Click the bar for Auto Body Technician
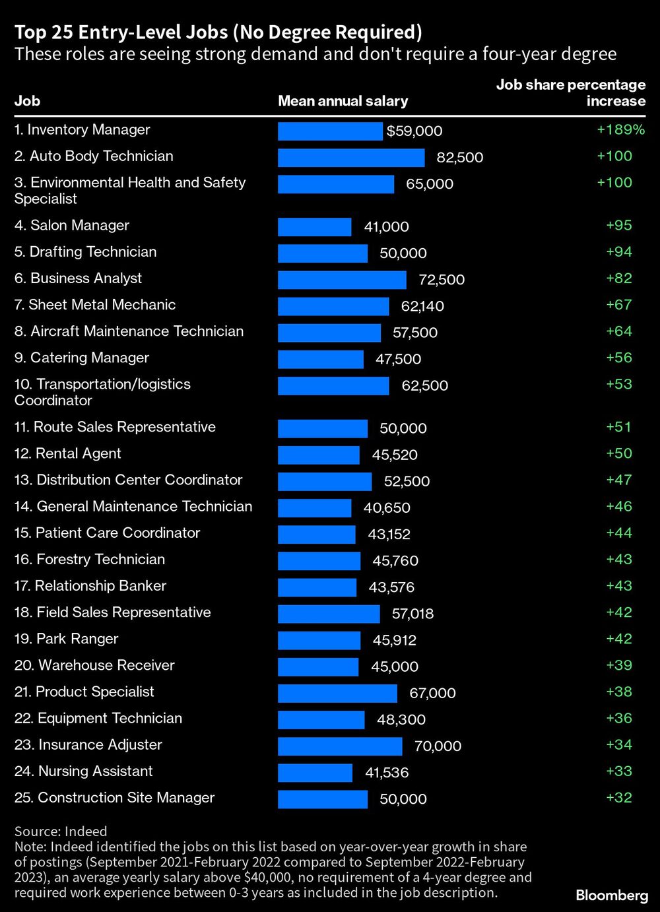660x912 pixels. pyautogui.click(x=351, y=158)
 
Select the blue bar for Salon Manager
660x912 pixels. pyautogui.click(x=314, y=227)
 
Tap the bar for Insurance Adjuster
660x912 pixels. pyautogui.click(x=340, y=746)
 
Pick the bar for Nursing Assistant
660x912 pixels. pyautogui.click(x=315, y=773)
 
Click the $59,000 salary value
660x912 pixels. pyautogui.click(x=414, y=131)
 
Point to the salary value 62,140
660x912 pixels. pyautogui.click(x=422, y=306)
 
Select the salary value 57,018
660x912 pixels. pyautogui.click(x=412, y=614)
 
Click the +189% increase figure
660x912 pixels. pyautogui.click(x=620, y=130)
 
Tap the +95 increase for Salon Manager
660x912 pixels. pyautogui.click(x=619, y=226)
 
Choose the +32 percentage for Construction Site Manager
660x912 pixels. pyautogui.click(x=619, y=798)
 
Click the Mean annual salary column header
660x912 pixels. pyautogui.click(x=343, y=101)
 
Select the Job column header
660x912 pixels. pyautogui.click(x=27, y=101)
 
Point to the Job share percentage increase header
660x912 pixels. pyautogui.click(x=571, y=93)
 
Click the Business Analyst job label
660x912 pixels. pyautogui.click(x=78, y=278)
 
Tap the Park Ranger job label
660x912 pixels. pyautogui.click(x=66, y=639)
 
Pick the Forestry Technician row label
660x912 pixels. pyautogui.click(x=90, y=560)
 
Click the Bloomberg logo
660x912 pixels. pyautogui.click(x=612, y=896)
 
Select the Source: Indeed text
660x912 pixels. pyautogui.click(x=61, y=831)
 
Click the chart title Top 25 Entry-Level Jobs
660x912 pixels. pyautogui.click(x=218, y=32)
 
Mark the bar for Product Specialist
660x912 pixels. pyautogui.click(x=337, y=694)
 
